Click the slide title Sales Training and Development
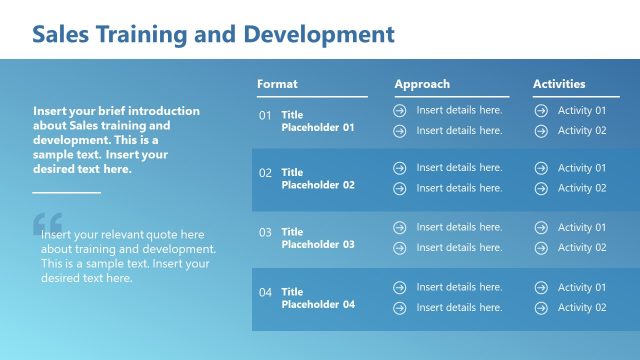(213, 35)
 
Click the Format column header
(277, 84)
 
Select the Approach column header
(422, 84)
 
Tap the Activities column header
(559, 84)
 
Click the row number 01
(265, 115)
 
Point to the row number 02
(265, 173)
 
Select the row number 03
(265, 232)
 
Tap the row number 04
(265, 292)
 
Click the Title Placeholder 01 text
(317, 121)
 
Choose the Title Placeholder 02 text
(317, 179)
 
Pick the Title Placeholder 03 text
(317, 238)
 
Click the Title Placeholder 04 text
(317, 298)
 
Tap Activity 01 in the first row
(581, 110)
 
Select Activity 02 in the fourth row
(581, 307)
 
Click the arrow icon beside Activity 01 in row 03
(541, 228)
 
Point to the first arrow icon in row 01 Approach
(400, 110)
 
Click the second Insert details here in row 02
(459, 188)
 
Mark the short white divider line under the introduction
(67, 191)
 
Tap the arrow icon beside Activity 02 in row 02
(541, 188)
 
